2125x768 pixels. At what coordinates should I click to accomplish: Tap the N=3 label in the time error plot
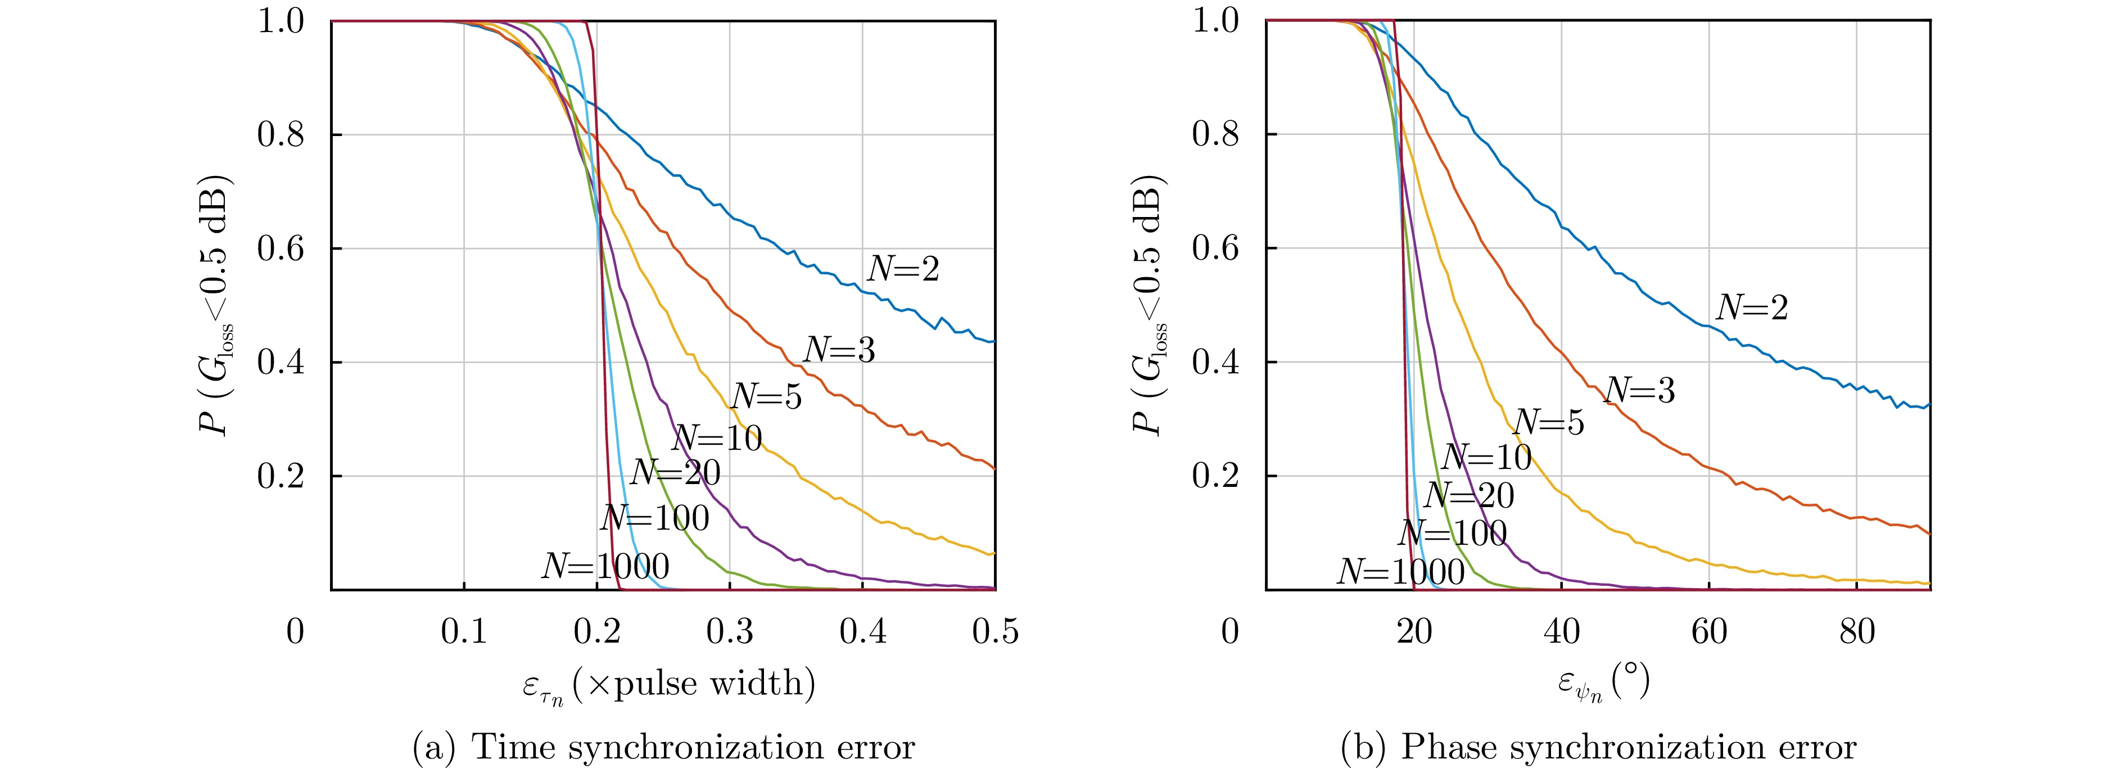839,350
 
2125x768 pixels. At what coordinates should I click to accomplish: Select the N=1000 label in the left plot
605,567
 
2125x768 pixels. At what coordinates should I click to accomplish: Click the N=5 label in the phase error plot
1548,422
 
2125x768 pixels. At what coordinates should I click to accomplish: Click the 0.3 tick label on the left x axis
730,632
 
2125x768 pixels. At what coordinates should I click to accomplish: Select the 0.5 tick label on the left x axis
995,632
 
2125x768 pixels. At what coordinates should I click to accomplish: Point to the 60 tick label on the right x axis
1709,632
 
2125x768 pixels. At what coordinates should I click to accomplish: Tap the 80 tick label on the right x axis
1857,632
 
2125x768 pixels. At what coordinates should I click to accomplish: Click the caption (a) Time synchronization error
663,747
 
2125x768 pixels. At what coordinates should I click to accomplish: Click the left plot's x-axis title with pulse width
669,685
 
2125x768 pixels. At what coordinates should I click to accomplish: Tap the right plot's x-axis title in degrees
1604,685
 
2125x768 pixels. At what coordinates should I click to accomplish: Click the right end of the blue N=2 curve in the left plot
994,341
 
